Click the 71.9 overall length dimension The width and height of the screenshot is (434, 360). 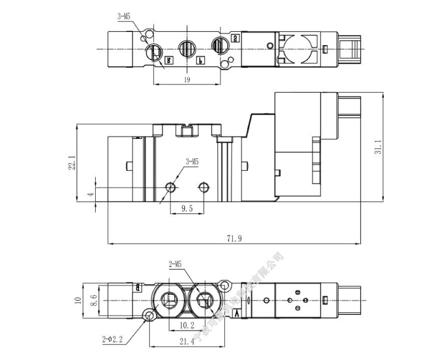coord(236,237)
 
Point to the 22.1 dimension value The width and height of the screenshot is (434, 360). coord(73,163)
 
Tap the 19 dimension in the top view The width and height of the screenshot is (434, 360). coord(187,80)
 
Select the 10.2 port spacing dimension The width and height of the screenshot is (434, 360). coord(187,326)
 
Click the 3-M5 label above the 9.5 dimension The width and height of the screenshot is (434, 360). coord(192,162)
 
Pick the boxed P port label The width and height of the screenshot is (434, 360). coord(200,61)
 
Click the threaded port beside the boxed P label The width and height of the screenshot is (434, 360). coord(186,48)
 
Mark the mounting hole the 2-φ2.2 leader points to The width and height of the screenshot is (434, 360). coord(149,316)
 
